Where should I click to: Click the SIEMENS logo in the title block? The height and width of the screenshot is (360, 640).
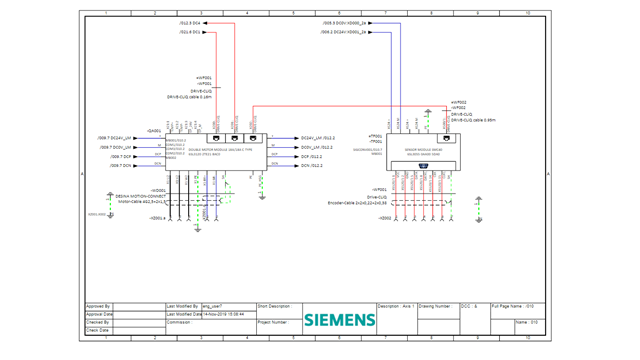(340, 320)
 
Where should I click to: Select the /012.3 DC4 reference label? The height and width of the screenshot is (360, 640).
(189, 22)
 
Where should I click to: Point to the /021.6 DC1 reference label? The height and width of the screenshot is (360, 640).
(189, 32)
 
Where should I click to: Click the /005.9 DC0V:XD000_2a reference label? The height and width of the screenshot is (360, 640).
(345, 22)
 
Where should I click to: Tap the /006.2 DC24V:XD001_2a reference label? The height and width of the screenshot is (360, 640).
(345, 32)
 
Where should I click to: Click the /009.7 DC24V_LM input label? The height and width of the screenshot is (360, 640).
(115, 138)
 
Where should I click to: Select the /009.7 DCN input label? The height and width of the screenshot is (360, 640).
(120, 166)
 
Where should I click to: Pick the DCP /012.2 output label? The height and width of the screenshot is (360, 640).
(311, 157)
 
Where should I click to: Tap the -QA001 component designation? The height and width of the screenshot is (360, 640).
(154, 130)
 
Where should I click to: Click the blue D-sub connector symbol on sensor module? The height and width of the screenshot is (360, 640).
(423, 165)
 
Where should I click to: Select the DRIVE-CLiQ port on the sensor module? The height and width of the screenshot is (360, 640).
(446, 139)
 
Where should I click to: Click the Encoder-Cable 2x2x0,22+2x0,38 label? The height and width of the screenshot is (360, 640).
(357, 202)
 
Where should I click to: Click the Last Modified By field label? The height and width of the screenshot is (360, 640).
(183, 307)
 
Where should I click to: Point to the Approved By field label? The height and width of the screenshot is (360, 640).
(98, 307)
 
